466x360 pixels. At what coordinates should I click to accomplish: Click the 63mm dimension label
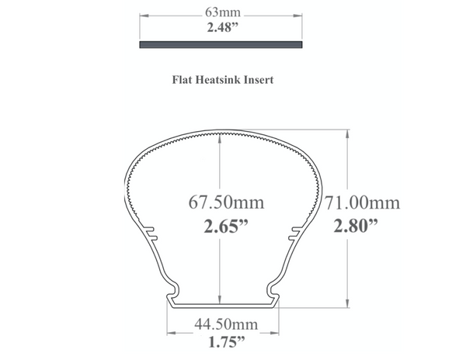[223, 12]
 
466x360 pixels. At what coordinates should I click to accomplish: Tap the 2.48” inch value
[223, 26]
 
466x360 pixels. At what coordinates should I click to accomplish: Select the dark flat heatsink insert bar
[221, 45]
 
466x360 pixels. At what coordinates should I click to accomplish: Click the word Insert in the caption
[259, 79]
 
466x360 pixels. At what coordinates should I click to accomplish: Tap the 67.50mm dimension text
[226, 203]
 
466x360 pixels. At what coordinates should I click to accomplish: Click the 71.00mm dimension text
[362, 203]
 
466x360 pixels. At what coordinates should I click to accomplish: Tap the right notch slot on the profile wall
[294, 233]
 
